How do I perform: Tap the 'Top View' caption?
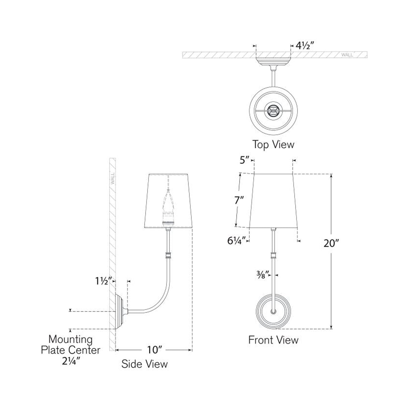coord(273,144)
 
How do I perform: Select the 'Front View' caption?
coord(273,340)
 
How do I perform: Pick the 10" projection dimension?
coord(154,350)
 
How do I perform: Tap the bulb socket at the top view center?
coord(273,110)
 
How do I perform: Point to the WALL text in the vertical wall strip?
coord(112,178)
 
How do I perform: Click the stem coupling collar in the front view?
coord(273,256)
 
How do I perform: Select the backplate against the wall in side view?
coord(120,312)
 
